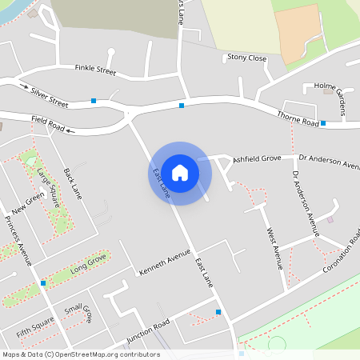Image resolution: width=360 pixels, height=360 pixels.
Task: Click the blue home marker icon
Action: tap(180, 173)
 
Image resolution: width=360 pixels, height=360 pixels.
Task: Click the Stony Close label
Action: tap(246, 58)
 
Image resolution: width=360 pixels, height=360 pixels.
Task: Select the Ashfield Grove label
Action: tap(257, 159)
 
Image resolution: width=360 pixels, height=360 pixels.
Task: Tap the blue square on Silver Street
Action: tap(94, 101)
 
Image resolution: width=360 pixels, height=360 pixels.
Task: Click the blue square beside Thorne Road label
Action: tap(323, 123)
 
